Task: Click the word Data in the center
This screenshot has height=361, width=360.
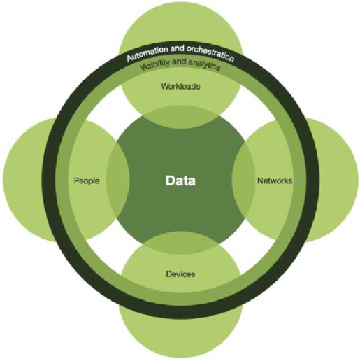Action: point(180,180)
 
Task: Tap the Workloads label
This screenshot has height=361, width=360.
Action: point(180,86)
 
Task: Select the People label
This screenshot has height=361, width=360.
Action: point(87,181)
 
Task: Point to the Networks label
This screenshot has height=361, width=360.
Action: point(275,180)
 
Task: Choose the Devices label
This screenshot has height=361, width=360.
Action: point(180,274)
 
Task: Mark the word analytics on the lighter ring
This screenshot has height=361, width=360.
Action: point(204,65)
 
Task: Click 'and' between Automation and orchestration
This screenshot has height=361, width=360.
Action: point(178,49)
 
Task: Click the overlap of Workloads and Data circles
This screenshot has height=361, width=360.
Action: point(180,117)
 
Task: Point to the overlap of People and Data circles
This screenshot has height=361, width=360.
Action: point(117,180)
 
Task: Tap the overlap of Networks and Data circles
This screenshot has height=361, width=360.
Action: point(243,180)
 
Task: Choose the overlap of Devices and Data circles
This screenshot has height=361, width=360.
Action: point(180,243)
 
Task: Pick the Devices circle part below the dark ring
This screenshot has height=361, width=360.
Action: point(180,336)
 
